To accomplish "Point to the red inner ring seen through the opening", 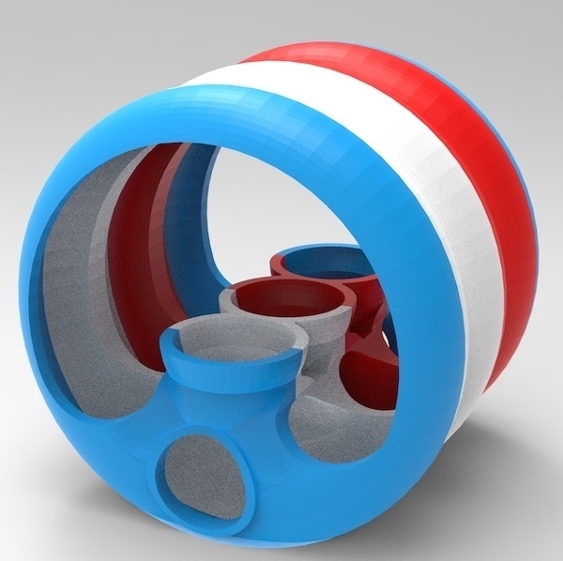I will [x=141, y=216].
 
